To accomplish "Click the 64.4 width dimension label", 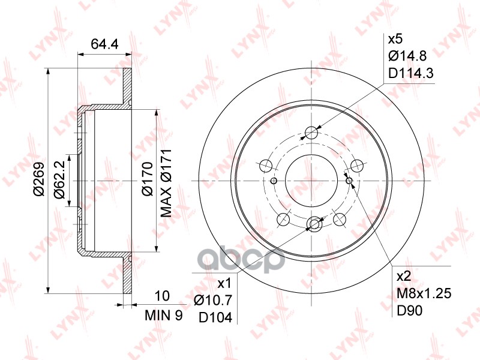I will [103, 43].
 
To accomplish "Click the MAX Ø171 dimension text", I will [167, 182].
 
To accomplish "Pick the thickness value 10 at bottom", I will [161, 296].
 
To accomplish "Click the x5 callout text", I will [396, 40].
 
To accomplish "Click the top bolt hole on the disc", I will [311, 133].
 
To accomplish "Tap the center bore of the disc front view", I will [311, 181].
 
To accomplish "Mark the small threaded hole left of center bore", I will [274, 181].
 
